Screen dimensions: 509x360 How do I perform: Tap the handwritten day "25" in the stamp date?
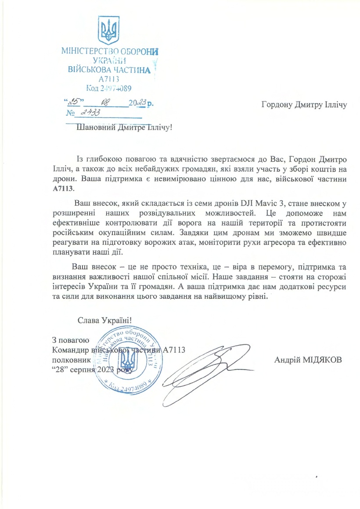72,102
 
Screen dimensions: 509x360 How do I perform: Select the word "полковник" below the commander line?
71,359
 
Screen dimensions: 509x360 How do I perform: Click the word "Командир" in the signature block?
70,350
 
